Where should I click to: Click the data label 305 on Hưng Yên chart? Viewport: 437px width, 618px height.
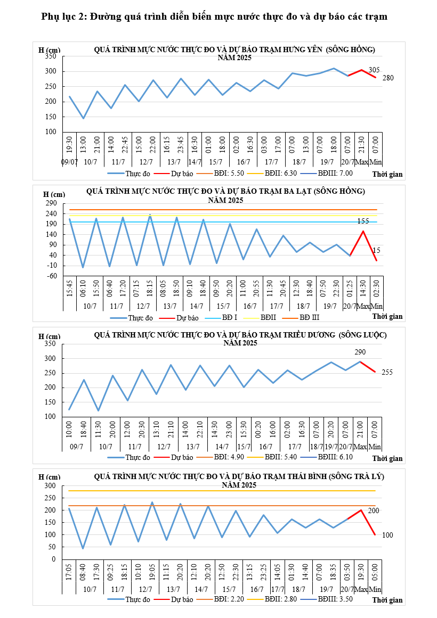coord(374,70)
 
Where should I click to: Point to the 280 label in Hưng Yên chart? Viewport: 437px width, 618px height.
coord(388,78)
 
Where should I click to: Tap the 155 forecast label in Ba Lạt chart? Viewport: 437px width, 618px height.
coord(363,221)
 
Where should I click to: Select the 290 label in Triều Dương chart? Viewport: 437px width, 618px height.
coord(360,352)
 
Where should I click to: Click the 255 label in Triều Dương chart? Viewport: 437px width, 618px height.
coord(387,372)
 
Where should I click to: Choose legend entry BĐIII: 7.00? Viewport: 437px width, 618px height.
coord(335,173)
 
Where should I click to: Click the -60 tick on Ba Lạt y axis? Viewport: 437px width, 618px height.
coord(52,276)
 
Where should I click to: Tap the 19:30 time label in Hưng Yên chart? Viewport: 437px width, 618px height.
coord(70,145)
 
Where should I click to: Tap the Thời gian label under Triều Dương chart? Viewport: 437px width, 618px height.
coord(387,458)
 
